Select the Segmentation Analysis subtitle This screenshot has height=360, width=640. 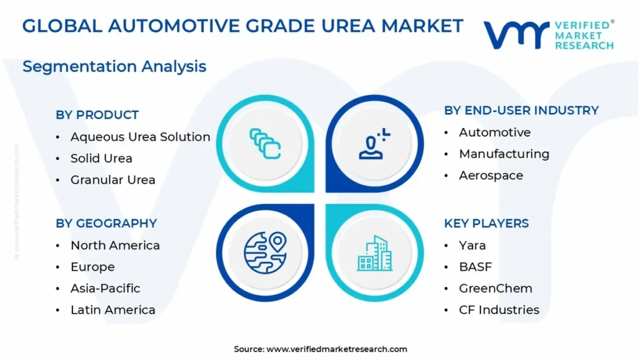[x=114, y=66]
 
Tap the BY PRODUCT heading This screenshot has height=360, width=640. [x=97, y=115]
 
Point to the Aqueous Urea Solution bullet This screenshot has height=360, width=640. [x=140, y=137]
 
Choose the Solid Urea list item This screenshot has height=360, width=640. [x=101, y=158]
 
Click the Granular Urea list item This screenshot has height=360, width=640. [x=112, y=180]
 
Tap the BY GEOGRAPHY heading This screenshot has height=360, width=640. [x=106, y=223]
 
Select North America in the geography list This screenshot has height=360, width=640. [x=115, y=246]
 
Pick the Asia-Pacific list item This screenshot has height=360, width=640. [x=105, y=288]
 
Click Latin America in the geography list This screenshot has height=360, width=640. [x=112, y=310]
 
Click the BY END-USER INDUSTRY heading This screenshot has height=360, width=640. [x=521, y=111]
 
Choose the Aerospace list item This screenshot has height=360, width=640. [x=491, y=176]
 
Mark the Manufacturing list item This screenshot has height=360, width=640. [x=504, y=154]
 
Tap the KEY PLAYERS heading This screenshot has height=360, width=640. [x=486, y=223]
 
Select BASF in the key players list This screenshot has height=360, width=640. [x=475, y=267]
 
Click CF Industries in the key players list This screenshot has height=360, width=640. [x=499, y=310]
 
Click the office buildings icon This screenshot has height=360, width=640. [x=374, y=253]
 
